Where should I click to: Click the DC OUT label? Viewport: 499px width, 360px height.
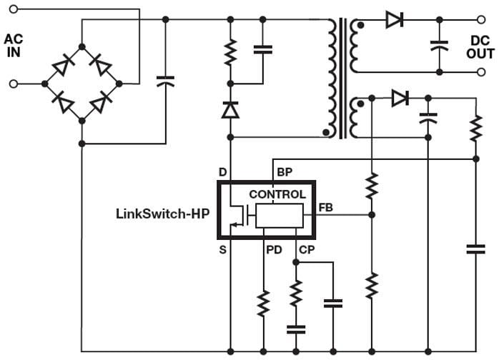480,46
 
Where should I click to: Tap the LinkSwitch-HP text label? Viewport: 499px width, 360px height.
162,213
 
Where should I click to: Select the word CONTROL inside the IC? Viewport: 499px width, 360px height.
277,194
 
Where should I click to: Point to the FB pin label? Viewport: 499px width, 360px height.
325,207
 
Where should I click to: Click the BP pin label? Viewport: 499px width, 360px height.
284,172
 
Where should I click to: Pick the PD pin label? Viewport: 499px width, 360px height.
273,249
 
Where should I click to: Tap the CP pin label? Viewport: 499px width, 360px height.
307,249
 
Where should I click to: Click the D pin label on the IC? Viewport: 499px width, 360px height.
222,172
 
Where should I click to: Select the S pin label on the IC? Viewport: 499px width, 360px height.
222,249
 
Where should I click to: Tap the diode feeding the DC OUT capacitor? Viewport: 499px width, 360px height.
394,20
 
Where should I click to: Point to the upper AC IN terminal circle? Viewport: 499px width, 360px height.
13,11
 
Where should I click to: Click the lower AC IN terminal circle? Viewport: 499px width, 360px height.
13,84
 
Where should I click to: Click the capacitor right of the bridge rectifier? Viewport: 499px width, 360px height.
165,81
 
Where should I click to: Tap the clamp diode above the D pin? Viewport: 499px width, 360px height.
230,110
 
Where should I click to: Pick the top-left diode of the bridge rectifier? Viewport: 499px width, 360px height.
62,66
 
